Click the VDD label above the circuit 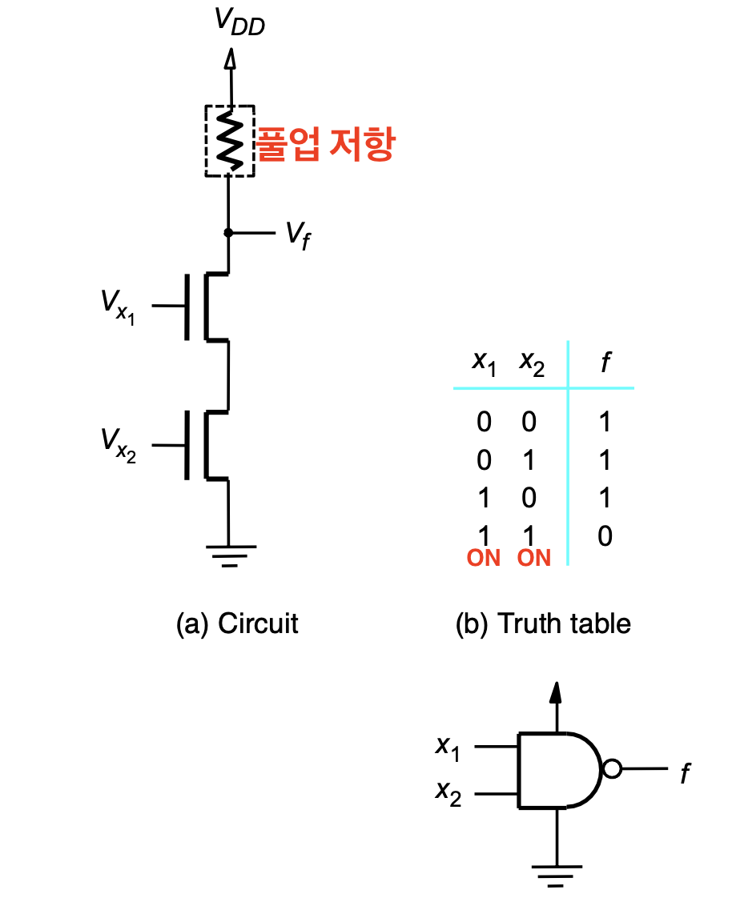coord(239,22)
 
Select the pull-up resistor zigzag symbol coord(230,140)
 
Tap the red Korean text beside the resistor coord(326,143)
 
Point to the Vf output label coord(298,235)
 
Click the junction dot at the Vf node coord(228,233)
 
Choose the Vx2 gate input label coord(119,445)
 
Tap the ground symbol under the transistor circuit coord(231,555)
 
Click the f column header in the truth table coord(606,362)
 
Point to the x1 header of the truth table coord(484,363)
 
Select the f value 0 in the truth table coord(605,535)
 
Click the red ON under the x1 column coord(484,558)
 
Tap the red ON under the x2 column coord(534,558)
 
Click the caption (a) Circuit coord(237,623)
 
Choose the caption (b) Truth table coord(543,623)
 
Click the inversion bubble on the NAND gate coord(612,769)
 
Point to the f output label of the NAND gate coord(686,773)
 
